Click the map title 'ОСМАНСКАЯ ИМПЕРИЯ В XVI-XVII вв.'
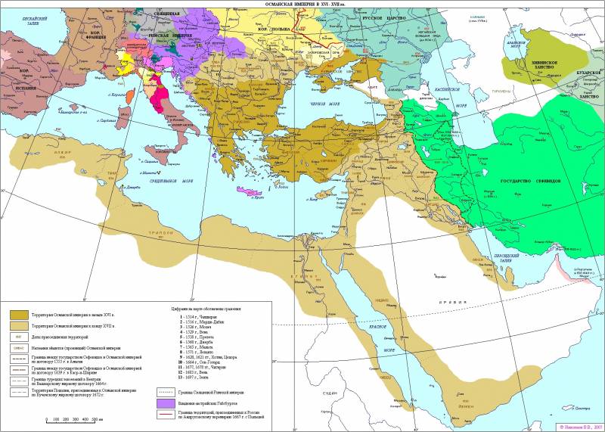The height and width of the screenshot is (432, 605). (x=302, y=4)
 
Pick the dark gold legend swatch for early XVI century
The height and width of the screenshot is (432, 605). (x=16, y=312)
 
